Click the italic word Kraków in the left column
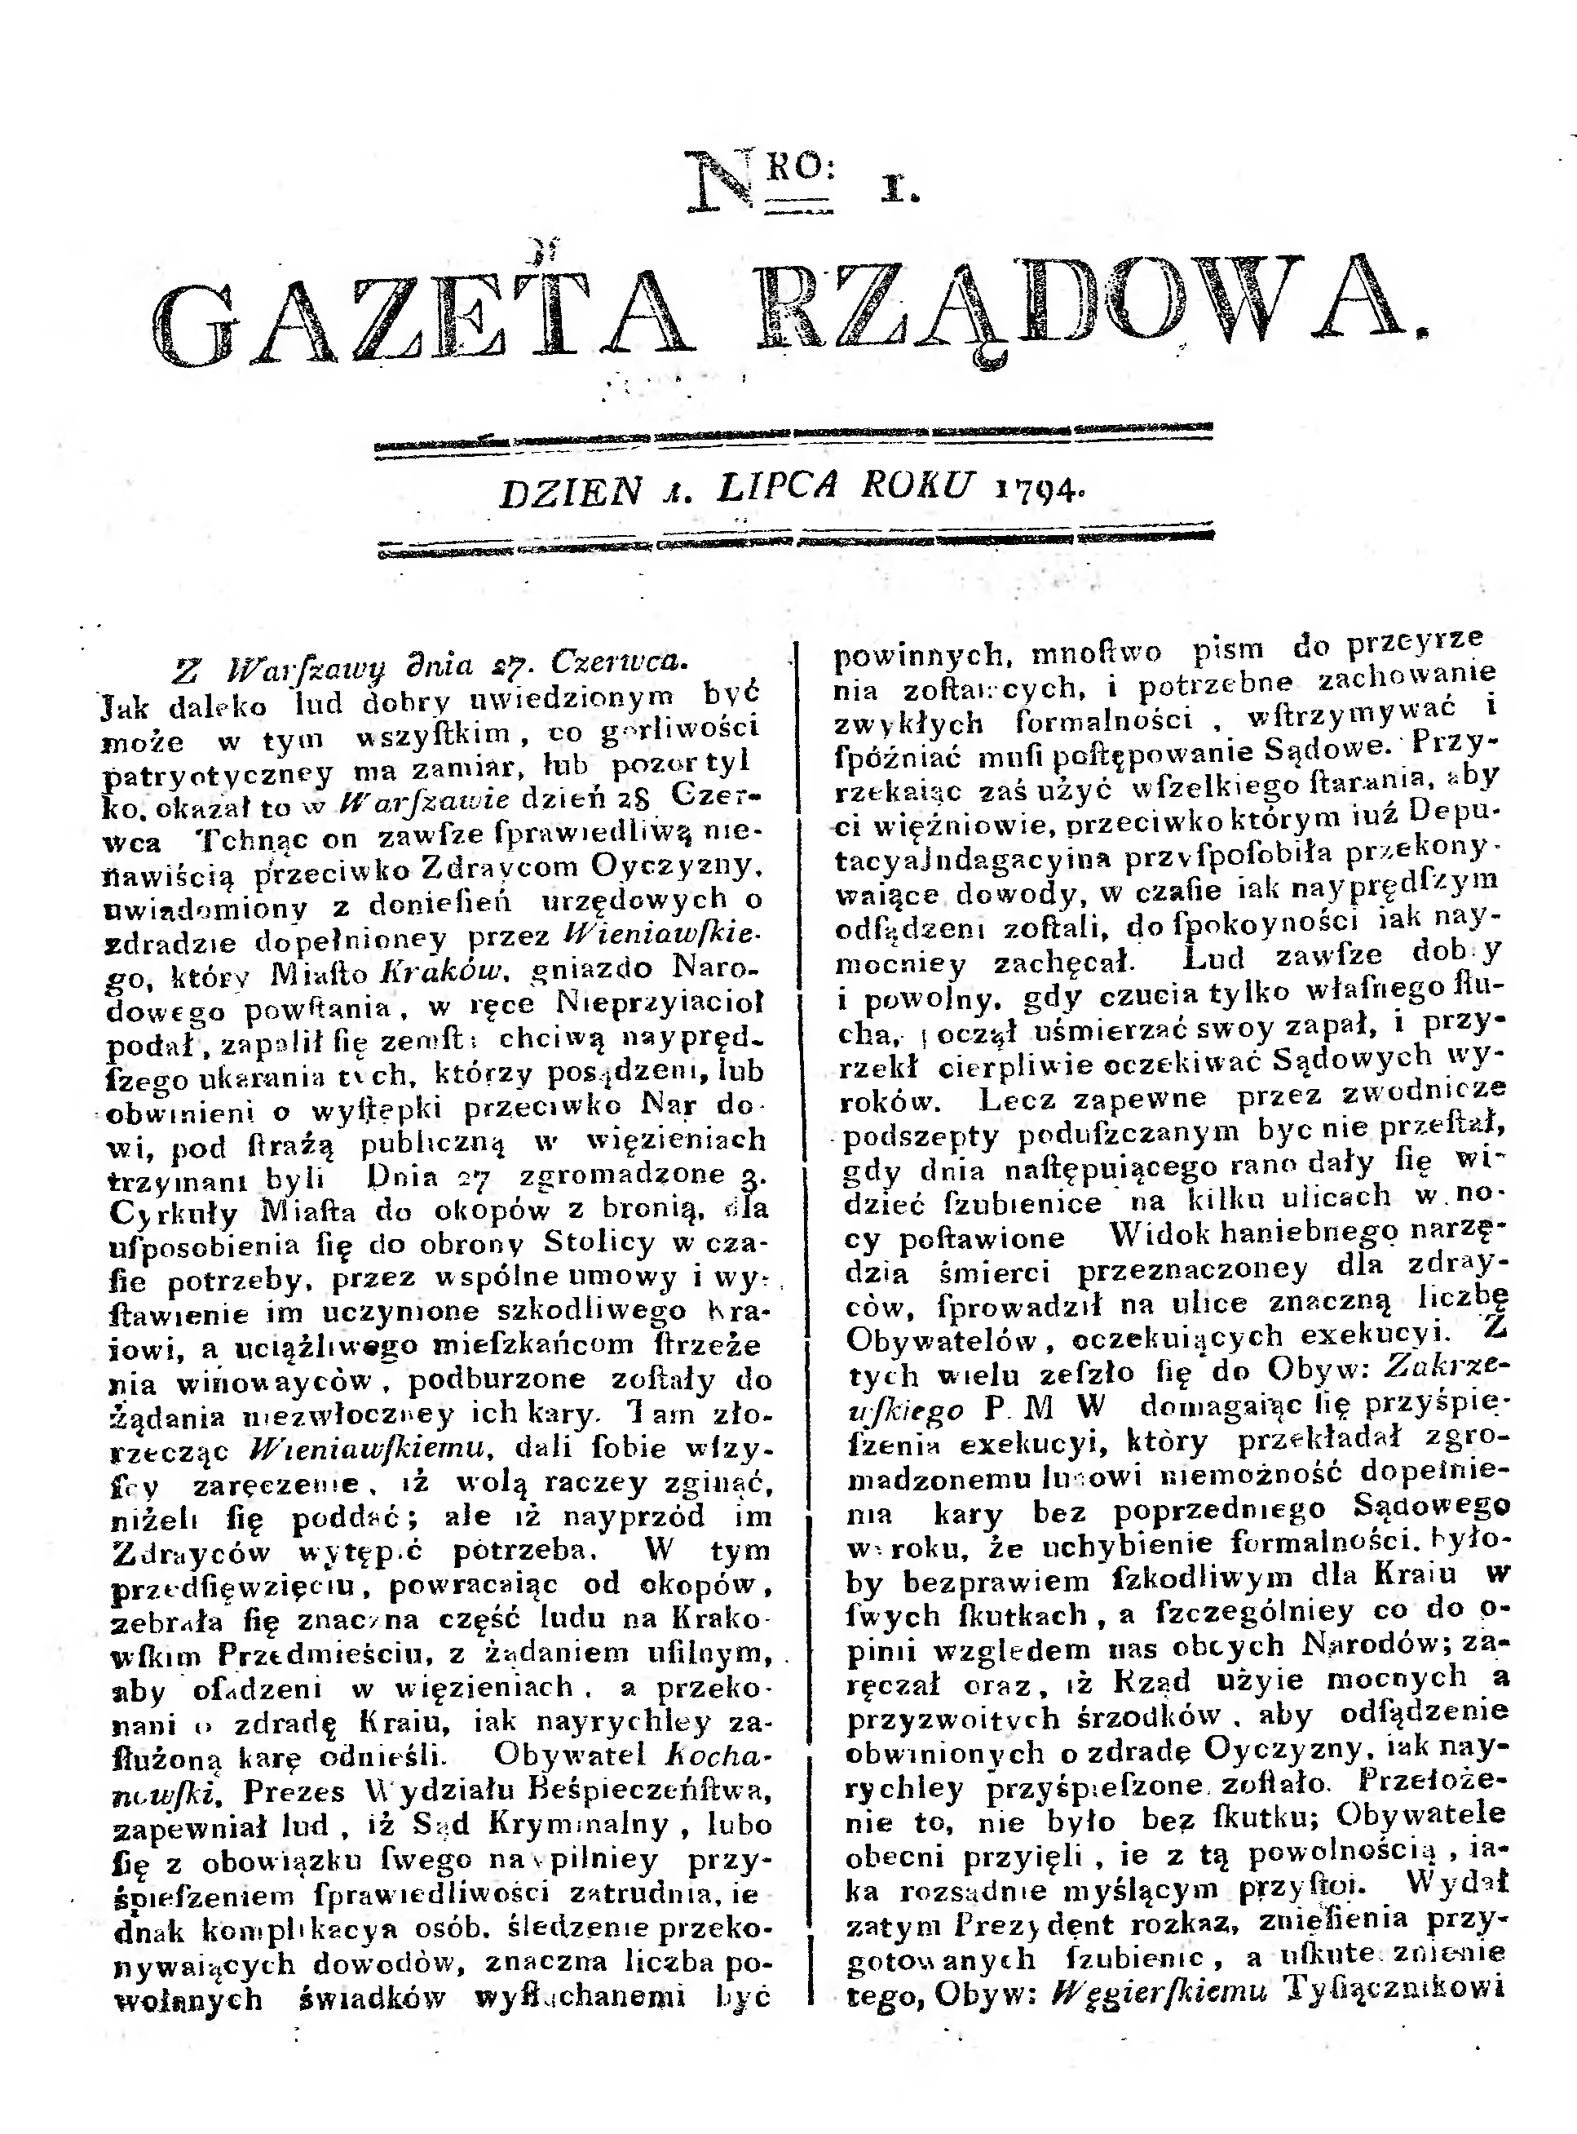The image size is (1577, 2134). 440,970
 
